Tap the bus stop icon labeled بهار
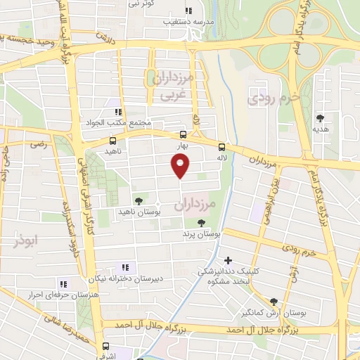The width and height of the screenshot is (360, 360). click(x=183, y=134)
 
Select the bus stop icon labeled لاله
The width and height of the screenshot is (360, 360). click(x=221, y=147)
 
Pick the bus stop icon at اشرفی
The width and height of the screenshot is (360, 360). click(x=105, y=346)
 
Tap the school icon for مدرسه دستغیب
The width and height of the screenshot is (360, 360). click(x=188, y=11)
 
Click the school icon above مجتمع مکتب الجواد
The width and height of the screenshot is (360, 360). click(x=118, y=111)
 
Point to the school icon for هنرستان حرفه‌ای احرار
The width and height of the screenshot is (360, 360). click(x=63, y=284)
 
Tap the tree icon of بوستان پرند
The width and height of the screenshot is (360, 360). click(x=202, y=222)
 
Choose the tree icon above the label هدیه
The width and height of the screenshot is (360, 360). click(x=321, y=118)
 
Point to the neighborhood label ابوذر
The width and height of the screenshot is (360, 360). click(x=25, y=241)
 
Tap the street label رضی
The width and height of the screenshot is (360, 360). click(x=37, y=143)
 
